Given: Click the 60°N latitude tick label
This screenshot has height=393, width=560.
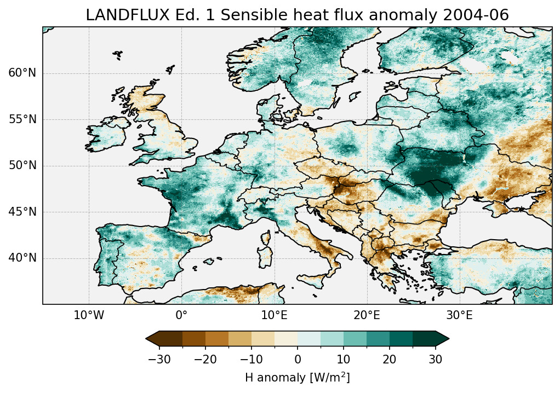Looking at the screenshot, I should pos(22,73).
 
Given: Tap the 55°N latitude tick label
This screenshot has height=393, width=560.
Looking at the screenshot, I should pos(22,119).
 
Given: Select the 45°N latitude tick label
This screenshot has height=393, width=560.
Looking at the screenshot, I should pos(22,212).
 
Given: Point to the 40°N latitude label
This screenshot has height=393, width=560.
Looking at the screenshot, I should pos(22,258).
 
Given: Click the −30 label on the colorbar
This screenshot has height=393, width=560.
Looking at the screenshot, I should pos(159,360).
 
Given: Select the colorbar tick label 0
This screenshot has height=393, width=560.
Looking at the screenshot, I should pos(298,360).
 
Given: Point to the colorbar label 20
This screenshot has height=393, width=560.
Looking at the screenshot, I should pos(390,360).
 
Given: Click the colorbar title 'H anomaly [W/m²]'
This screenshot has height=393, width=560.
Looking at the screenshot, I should pos(298,378).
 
